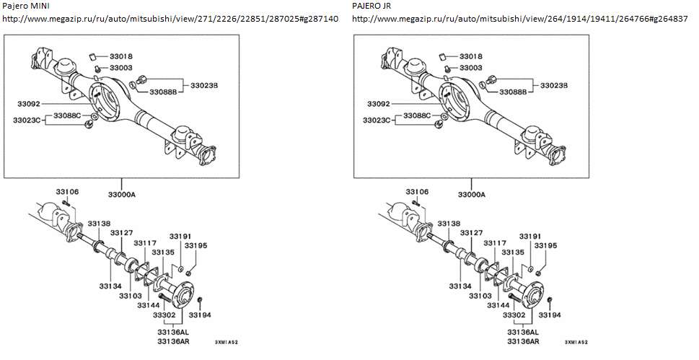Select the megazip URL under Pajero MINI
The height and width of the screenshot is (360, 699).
pyautogui.click(x=170, y=18)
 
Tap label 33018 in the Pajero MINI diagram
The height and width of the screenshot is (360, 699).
pyautogui.click(x=120, y=56)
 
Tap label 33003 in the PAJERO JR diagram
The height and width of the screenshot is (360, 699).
pyautogui.click(x=470, y=68)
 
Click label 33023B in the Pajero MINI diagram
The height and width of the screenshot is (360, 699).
pyautogui.click(x=204, y=85)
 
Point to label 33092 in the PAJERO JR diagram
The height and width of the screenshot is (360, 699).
pyautogui.click(x=378, y=104)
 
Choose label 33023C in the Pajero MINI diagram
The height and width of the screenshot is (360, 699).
pyautogui.click(x=26, y=120)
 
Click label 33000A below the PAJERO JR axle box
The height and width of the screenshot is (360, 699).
pyautogui.click(x=472, y=195)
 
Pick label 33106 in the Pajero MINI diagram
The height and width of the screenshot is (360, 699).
pyautogui.click(x=67, y=192)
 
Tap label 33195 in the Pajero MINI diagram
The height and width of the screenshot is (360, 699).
pyautogui.click(x=195, y=246)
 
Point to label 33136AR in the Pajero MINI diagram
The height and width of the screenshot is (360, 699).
pyautogui.click(x=173, y=341)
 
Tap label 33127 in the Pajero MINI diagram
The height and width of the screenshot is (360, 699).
pyautogui.click(x=121, y=232)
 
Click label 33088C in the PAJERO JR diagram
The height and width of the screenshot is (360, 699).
pyautogui.click(x=418, y=115)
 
